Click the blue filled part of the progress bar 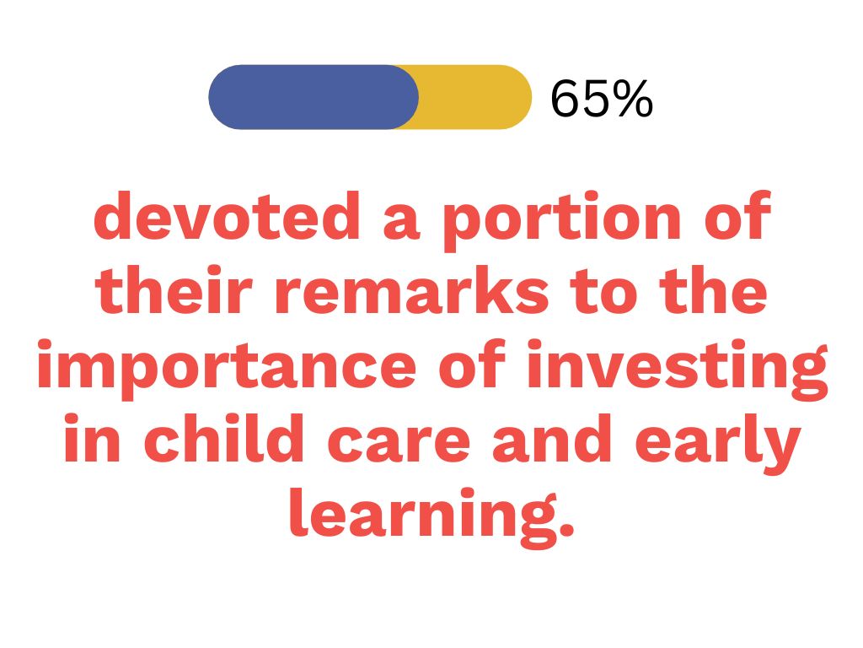coord(314,97)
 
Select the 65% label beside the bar coord(602,100)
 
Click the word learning coord(424,518)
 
